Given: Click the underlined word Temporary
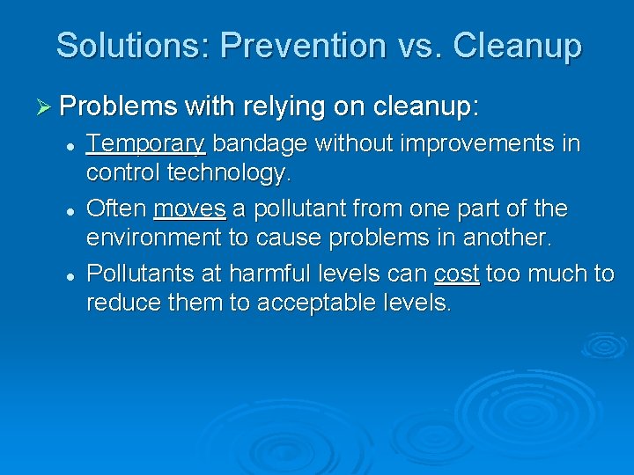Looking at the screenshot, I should pyautogui.click(x=145, y=144).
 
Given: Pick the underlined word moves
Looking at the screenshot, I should pyautogui.click(x=189, y=209).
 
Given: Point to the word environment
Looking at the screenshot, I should pyautogui.click(x=154, y=238).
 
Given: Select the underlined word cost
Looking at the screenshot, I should pyautogui.click(x=457, y=274).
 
